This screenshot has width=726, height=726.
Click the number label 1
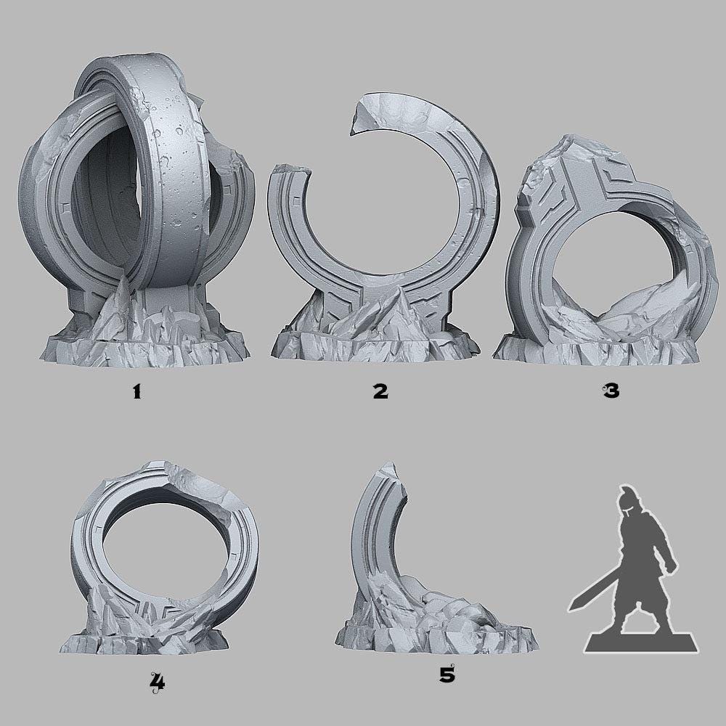click(x=136, y=392)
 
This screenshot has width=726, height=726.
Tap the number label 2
click(x=380, y=392)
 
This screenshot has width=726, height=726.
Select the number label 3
click(x=610, y=392)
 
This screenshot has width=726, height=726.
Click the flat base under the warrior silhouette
click(x=643, y=640)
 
